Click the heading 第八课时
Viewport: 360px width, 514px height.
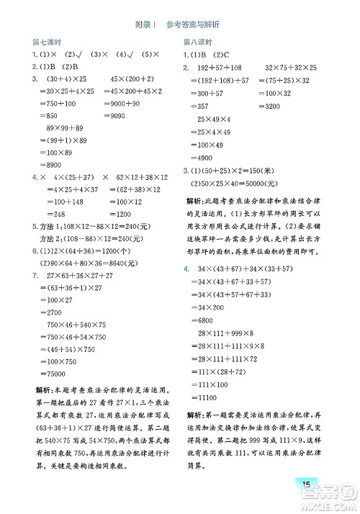tap(199, 42)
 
